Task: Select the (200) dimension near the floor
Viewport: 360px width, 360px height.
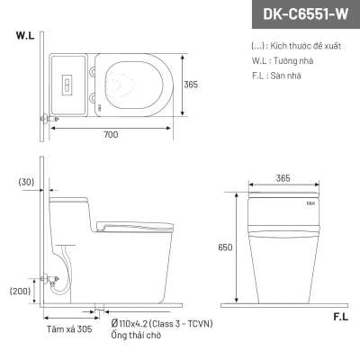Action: pyautogui.click(x=20, y=292)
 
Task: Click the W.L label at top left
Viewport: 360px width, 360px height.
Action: pyautogui.click(x=24, y=38)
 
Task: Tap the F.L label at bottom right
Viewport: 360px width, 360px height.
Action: pyautogui.click(x=341, y=317)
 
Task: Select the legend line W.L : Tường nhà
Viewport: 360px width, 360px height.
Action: pyautogui.click(x=281, y=59)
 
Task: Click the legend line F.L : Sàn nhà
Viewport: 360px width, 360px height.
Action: pyautogui.click(x=277, y=75)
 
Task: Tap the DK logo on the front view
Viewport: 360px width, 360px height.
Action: pyautogui.click(x=284, y=203)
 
